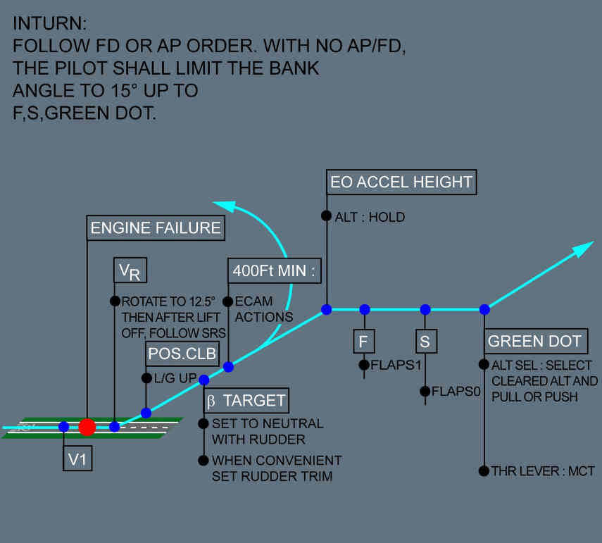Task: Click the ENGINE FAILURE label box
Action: point(156,228)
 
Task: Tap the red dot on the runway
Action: point(87,427)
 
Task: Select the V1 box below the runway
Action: point(77,459)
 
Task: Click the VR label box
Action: point(130,271)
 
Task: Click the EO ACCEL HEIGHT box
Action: point(401,182)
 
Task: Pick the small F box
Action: point(364,342)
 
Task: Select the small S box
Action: point(425,342)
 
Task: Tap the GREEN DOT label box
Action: point(535,342)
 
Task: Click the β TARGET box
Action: point(246,401)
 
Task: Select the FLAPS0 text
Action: point(456,392)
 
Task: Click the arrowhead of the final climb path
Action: point(584,248)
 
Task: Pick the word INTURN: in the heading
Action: point(49,23)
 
